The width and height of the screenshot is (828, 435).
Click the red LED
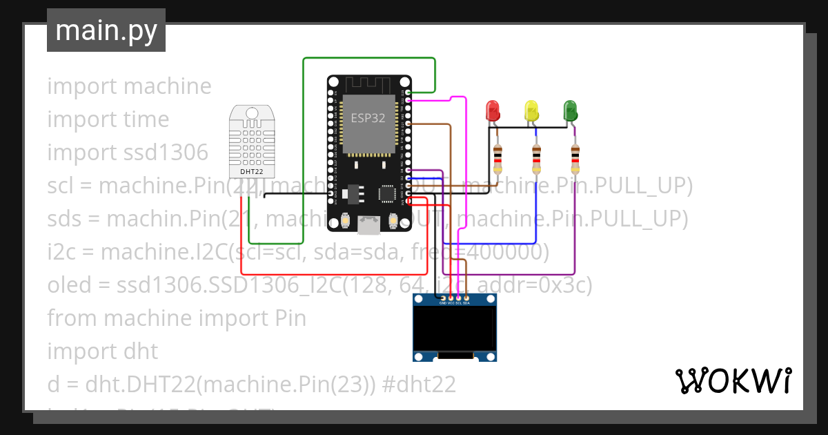pos(493,110)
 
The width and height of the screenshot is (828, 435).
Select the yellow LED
pos(531,110)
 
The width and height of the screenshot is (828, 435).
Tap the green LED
pos(570,110)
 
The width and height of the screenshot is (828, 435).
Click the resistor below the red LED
pos(498,159)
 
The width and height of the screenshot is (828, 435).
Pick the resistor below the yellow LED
pos(537,159)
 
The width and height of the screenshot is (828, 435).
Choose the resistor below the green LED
pos(575,159)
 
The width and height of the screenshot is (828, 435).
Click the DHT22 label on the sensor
pos(251,171)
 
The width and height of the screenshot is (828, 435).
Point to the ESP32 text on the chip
pos(368,117)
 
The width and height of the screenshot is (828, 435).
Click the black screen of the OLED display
pos(455,329)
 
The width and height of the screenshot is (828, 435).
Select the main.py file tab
pos(106,30)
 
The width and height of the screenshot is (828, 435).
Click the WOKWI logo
pos(733,380)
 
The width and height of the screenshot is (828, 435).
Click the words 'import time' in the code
pos(108,119)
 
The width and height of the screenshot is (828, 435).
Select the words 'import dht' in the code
pos(103,351)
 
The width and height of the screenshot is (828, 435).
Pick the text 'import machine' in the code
pos(129,86)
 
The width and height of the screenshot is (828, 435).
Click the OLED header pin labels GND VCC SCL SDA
pos(455,302)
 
